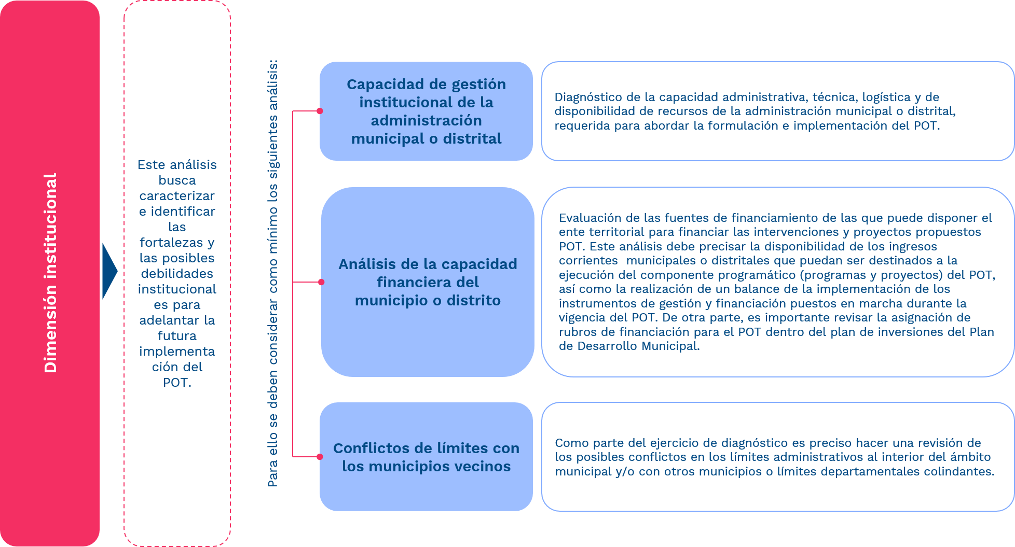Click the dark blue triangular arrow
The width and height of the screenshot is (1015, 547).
coord(109,271)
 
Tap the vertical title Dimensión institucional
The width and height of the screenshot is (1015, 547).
coord(50,273)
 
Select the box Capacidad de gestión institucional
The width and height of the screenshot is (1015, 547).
coord(426,111)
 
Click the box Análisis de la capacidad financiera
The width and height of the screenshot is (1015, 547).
coord(428,282)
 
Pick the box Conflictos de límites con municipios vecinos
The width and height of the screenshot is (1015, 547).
coord(426,457)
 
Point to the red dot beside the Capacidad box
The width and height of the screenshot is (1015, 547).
coord(320,111)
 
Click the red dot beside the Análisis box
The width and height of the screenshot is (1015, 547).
coord(321,282)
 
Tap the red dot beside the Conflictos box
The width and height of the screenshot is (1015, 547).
coord(320,457)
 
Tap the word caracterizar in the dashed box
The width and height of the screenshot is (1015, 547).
coord(177,196)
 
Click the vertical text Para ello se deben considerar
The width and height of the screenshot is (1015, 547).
coord(273,273)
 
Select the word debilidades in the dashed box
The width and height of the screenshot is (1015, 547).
coord(177,274)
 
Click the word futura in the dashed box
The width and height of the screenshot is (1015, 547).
coord(177,336)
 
